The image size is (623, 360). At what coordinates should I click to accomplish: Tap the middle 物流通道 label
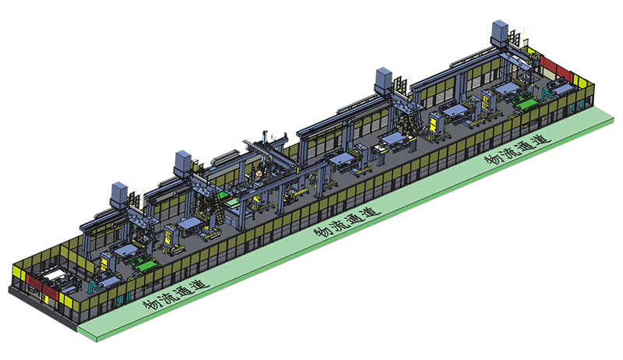(x=347, y=222)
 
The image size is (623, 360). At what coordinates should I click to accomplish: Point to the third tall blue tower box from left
(x=384, y=81)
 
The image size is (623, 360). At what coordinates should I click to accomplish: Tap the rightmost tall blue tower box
(x=500, y=34)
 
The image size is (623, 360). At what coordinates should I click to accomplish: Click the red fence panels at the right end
(x=555, y=66)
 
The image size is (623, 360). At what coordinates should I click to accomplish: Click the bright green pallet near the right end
(x=525, y=104)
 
